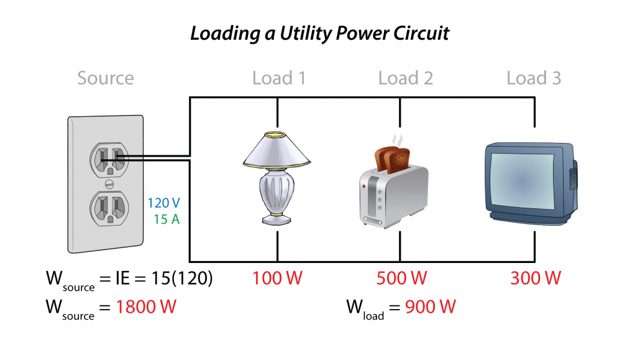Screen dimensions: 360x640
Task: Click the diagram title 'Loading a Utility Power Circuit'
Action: pyautogui.click(x=319, y=33)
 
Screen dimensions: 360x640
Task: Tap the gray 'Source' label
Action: pyautogui.click(x=106, y=78)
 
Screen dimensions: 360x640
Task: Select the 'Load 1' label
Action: pyautogui.click(x=280, y=78)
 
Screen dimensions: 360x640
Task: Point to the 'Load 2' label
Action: pyautogui.click(x=405, y=78)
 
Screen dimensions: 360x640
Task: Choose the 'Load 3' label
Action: pyautogui.click(x=534, y=78)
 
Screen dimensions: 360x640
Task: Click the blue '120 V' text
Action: pyautogui.click(x=164, y=203)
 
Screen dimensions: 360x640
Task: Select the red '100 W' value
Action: pyautogui.click(x=277, y=278)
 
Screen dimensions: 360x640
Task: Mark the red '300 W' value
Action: pyautogui.click(x=535, y=278)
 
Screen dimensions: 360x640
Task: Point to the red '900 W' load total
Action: pyautogui.click(x=431, y=307)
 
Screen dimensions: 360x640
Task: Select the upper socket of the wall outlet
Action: pyautogui.click(x=109, y=160)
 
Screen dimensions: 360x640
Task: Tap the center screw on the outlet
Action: pyautogui.click(x=109, y=184)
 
